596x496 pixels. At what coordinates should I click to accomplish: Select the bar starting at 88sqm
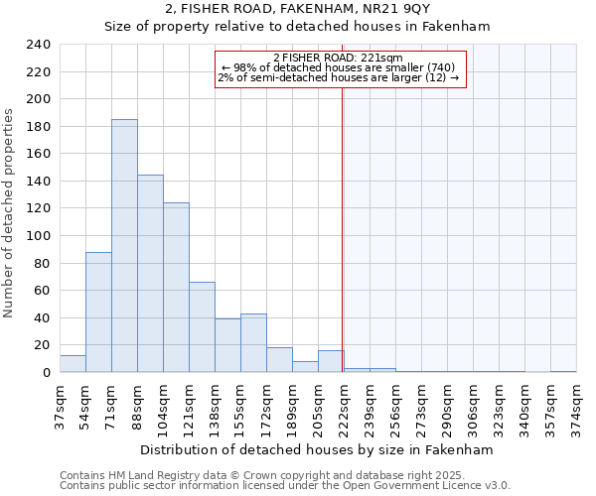(150, 274)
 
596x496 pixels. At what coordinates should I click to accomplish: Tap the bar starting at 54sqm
(98, 312)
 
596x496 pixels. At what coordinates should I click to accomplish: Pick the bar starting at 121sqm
(202, 327)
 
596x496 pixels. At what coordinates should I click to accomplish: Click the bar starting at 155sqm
(253, 343)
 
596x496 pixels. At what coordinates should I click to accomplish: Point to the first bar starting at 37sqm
(73, 364)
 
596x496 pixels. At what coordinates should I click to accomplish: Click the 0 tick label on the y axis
(46, 373)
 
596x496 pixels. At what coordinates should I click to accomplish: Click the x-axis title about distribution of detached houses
(317, 449)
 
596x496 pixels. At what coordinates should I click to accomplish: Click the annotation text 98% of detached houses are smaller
(338, 67)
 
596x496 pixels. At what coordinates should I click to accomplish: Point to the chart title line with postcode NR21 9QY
(297, 9)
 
